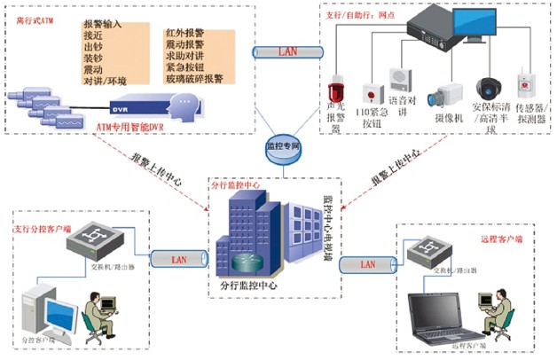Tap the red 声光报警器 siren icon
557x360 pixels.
point(336,94)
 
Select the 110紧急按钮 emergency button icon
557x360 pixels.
point(368,94)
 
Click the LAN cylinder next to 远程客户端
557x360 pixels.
point(367,264)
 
